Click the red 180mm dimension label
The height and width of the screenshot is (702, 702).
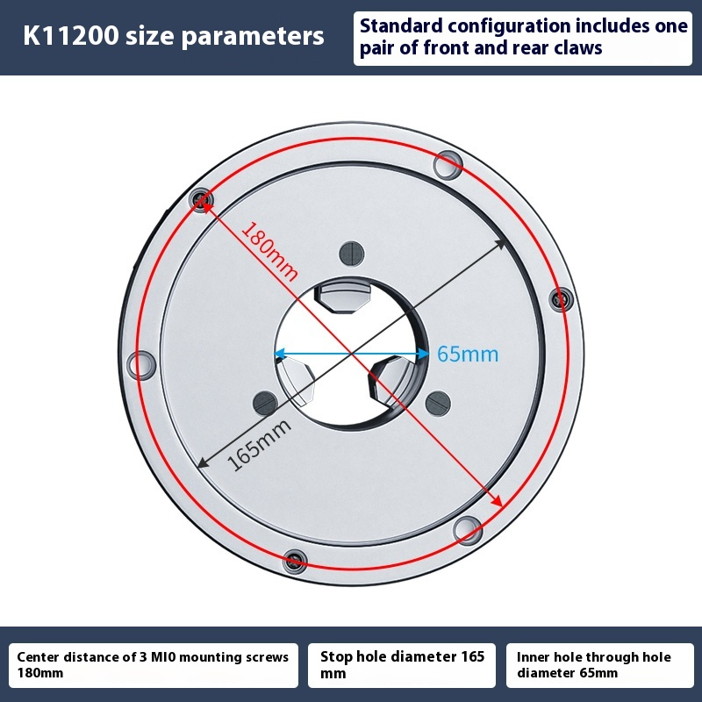coord(270,251)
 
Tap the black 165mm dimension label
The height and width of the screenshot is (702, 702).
coord(259,445)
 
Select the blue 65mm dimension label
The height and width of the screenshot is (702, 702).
coord(468,355)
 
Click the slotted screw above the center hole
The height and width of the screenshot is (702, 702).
coord(352,254)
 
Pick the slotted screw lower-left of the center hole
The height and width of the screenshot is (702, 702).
coord(266,403)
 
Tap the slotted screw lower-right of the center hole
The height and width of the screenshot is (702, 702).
coord(438,404)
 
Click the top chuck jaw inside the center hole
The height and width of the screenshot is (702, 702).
coord(343,297)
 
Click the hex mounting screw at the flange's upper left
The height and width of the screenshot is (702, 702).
coord(201,199)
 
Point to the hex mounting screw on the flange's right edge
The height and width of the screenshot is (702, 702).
coord(561,299)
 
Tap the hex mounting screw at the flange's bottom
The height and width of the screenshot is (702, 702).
coord(295,561)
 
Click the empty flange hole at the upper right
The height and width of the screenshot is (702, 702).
coord(448,165)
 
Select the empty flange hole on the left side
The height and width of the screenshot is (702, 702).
coord(142,365)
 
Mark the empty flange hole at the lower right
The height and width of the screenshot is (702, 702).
coord(468,531)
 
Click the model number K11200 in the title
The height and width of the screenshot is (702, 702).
coord(71,35)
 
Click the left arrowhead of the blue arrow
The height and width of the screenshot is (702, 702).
coord(279,355)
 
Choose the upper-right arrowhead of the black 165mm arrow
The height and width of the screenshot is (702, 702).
coord(499,245)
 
